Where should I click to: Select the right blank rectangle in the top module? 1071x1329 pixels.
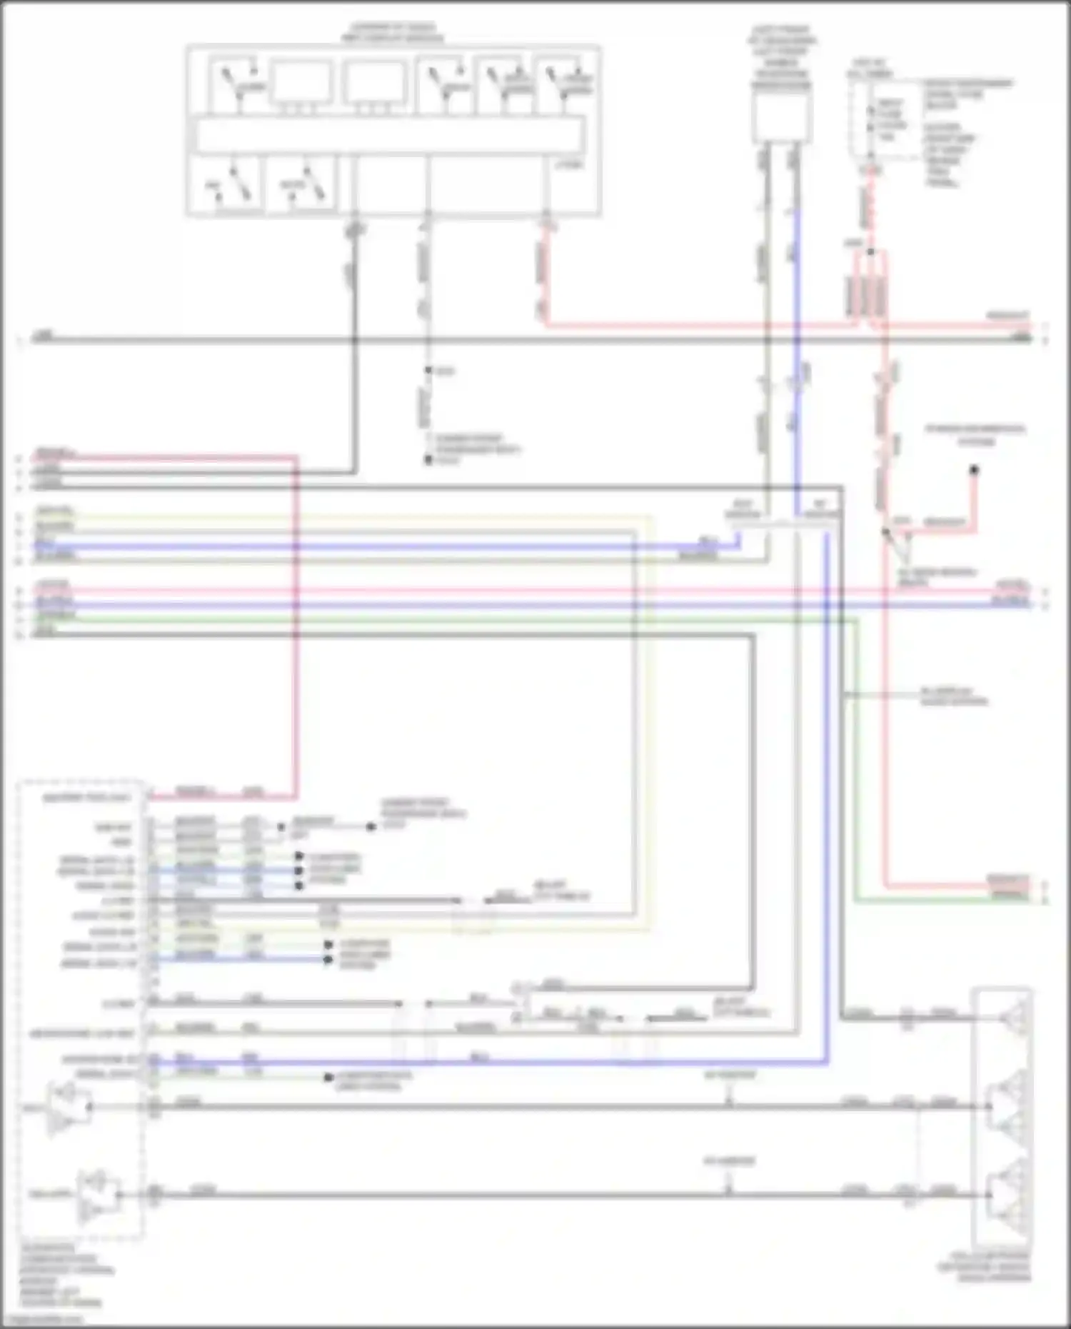point(374,83)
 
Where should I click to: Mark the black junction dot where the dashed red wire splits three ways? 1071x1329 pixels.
point(870,251)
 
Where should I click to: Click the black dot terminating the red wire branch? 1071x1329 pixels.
point(974,469)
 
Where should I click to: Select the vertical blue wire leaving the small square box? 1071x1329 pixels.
point(796,321)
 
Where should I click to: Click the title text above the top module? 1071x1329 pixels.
point(392,33)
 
